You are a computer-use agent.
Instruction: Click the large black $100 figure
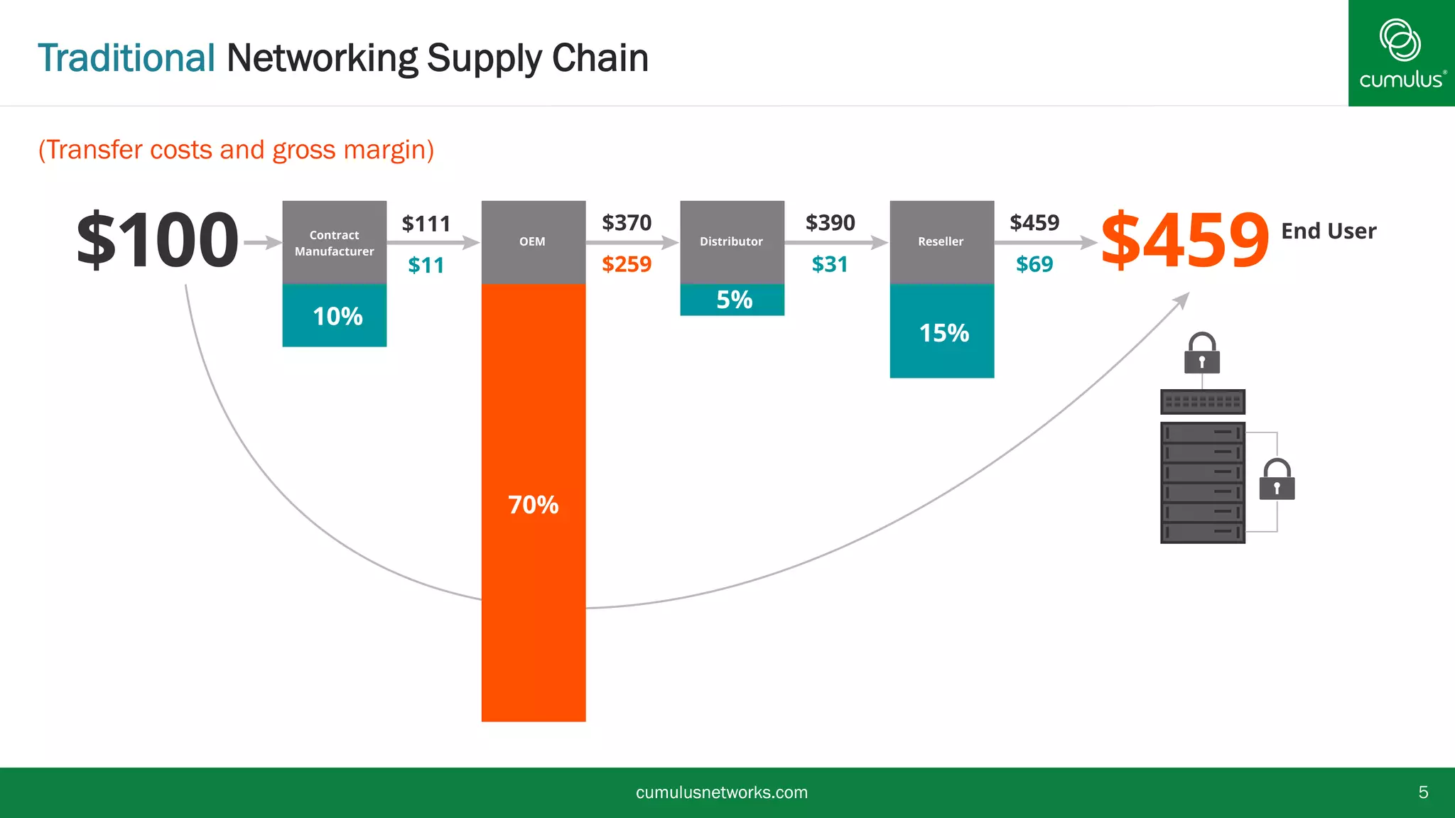coord(158,240)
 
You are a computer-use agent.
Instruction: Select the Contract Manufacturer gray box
coord(334,243)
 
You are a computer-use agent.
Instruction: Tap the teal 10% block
coord(335,316)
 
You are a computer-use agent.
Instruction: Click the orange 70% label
coord(533,505)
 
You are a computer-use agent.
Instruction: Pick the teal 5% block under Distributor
coord(732,300)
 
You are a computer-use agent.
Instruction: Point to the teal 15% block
coord(942,332)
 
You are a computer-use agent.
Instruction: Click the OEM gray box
coord(533,241)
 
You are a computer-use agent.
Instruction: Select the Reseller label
coord(941,241)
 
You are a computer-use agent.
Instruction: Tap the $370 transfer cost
coord(626,223)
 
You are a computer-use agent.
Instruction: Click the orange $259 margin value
coord(626,264)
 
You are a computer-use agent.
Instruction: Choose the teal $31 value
coord(830,264)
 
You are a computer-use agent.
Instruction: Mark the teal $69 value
coord(1034,264)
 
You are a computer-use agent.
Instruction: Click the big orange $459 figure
coord(1184,240)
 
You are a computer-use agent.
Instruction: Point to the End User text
coord(1328,231)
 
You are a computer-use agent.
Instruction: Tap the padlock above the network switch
coord(1202,354)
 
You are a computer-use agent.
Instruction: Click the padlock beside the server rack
coord(1277,481)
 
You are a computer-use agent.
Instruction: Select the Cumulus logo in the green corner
coord(1401,53)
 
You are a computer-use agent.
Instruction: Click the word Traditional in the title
coord(126,58)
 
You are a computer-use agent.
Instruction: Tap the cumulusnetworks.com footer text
coord(721,792)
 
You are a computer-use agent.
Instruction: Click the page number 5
coord(1423,792)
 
